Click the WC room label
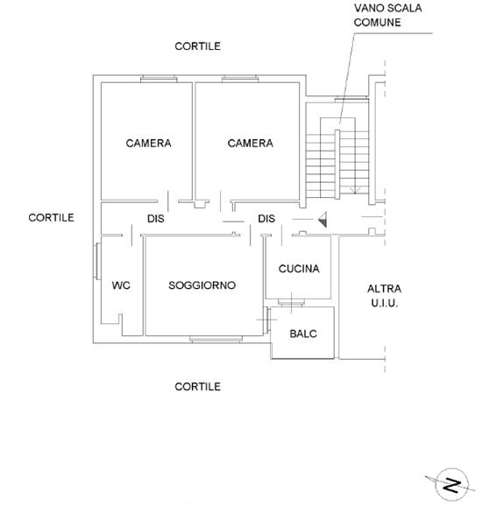coord(121,285)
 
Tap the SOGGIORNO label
coord(202,285)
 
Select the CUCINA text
coord(299,269)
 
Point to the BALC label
coord(302,334)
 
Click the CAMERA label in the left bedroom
coord(148,144)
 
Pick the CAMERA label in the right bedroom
coord(250,144)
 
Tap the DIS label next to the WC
coord(156,219)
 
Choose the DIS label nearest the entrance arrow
coord(267,219)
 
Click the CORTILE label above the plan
coord(197,46)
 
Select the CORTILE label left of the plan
coord(51,217)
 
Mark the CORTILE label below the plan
coord(197,386)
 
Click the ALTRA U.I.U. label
coord(383,296)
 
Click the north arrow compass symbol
coord(451,482)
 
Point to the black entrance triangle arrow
coord(323,220)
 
